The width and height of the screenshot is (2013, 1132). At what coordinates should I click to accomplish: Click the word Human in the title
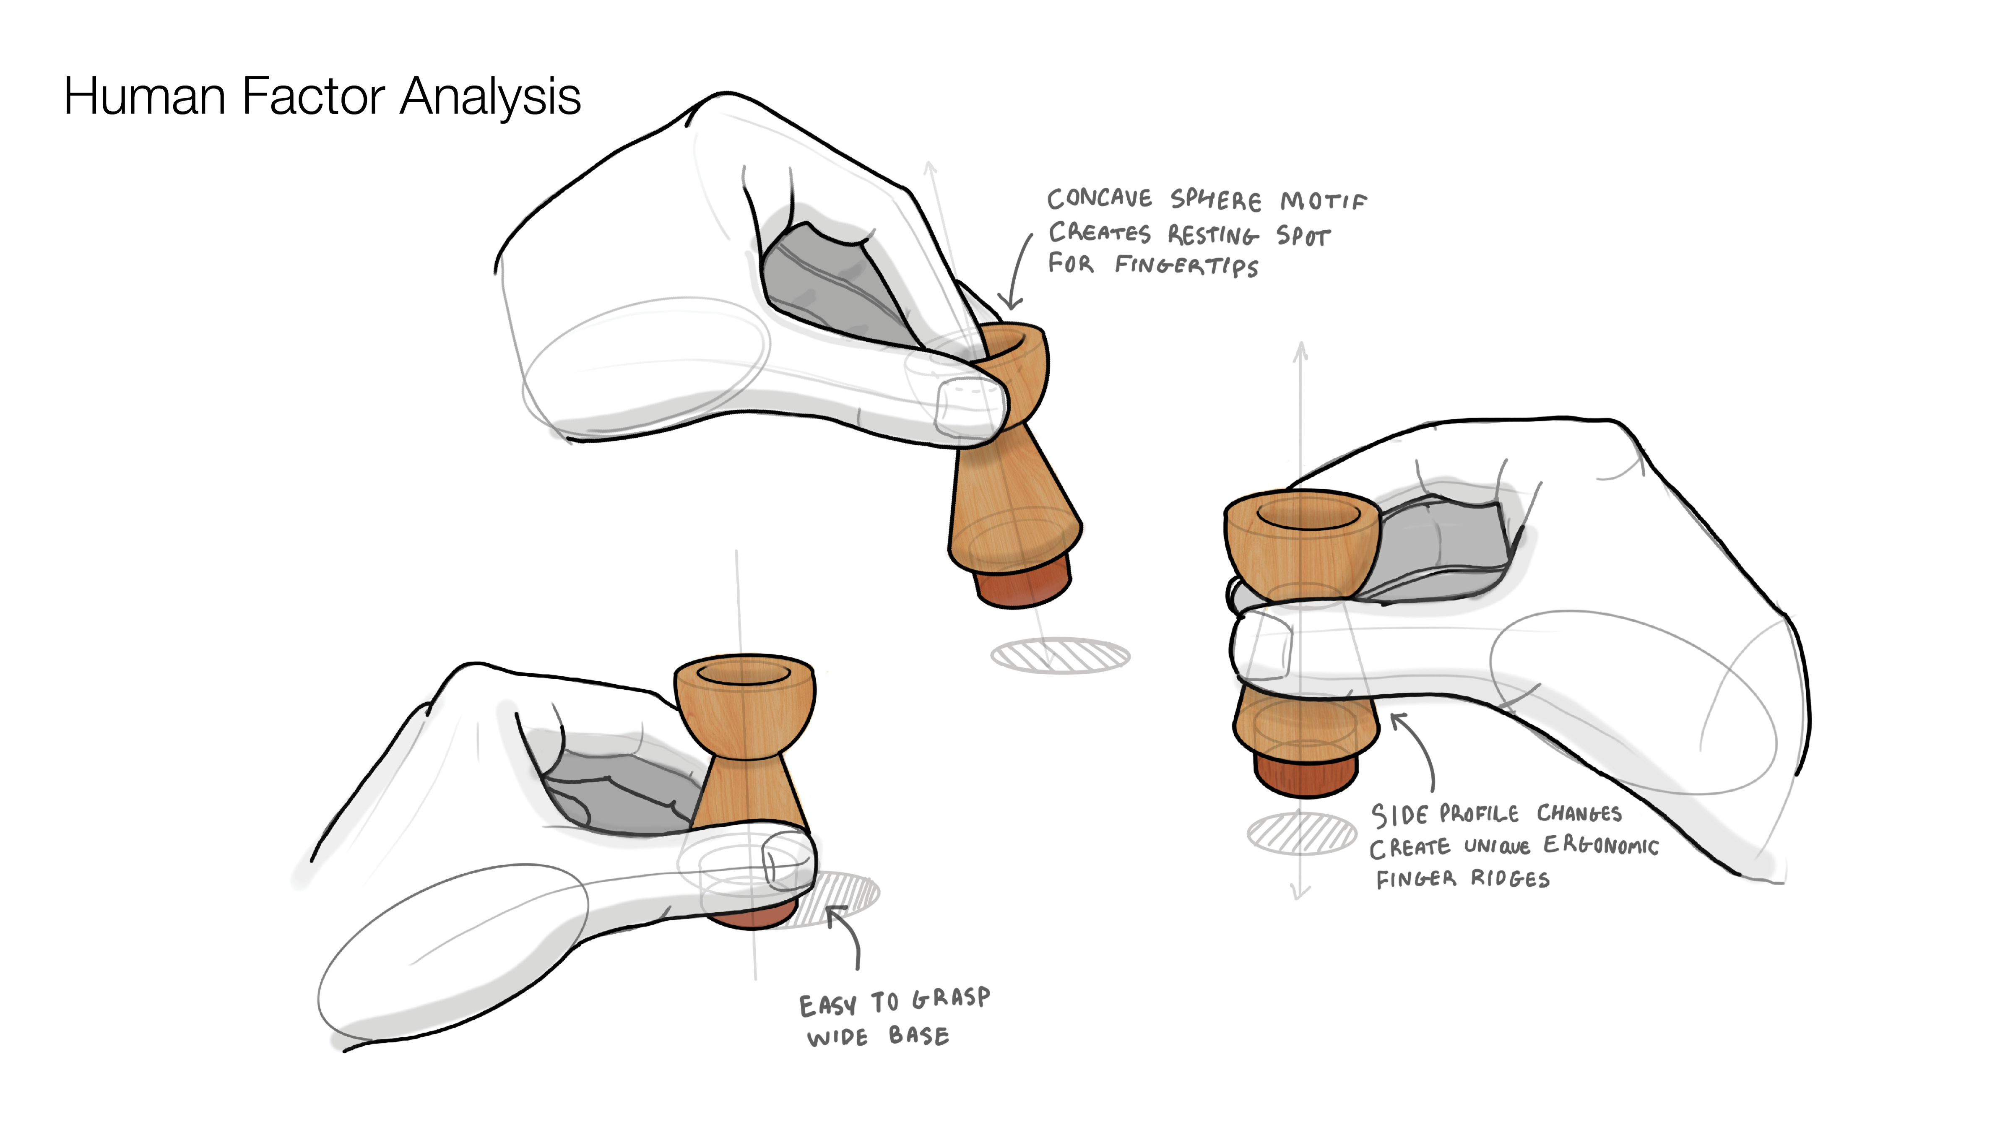(146, 97)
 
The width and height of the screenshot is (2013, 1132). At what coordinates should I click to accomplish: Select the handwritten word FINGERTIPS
(1187, 266)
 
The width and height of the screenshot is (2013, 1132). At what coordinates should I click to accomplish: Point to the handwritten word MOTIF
(1324, 202)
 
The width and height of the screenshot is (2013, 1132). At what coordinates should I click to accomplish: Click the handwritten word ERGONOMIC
(1600, 845)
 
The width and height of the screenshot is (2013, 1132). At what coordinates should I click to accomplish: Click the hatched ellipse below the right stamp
(1302, 833)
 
